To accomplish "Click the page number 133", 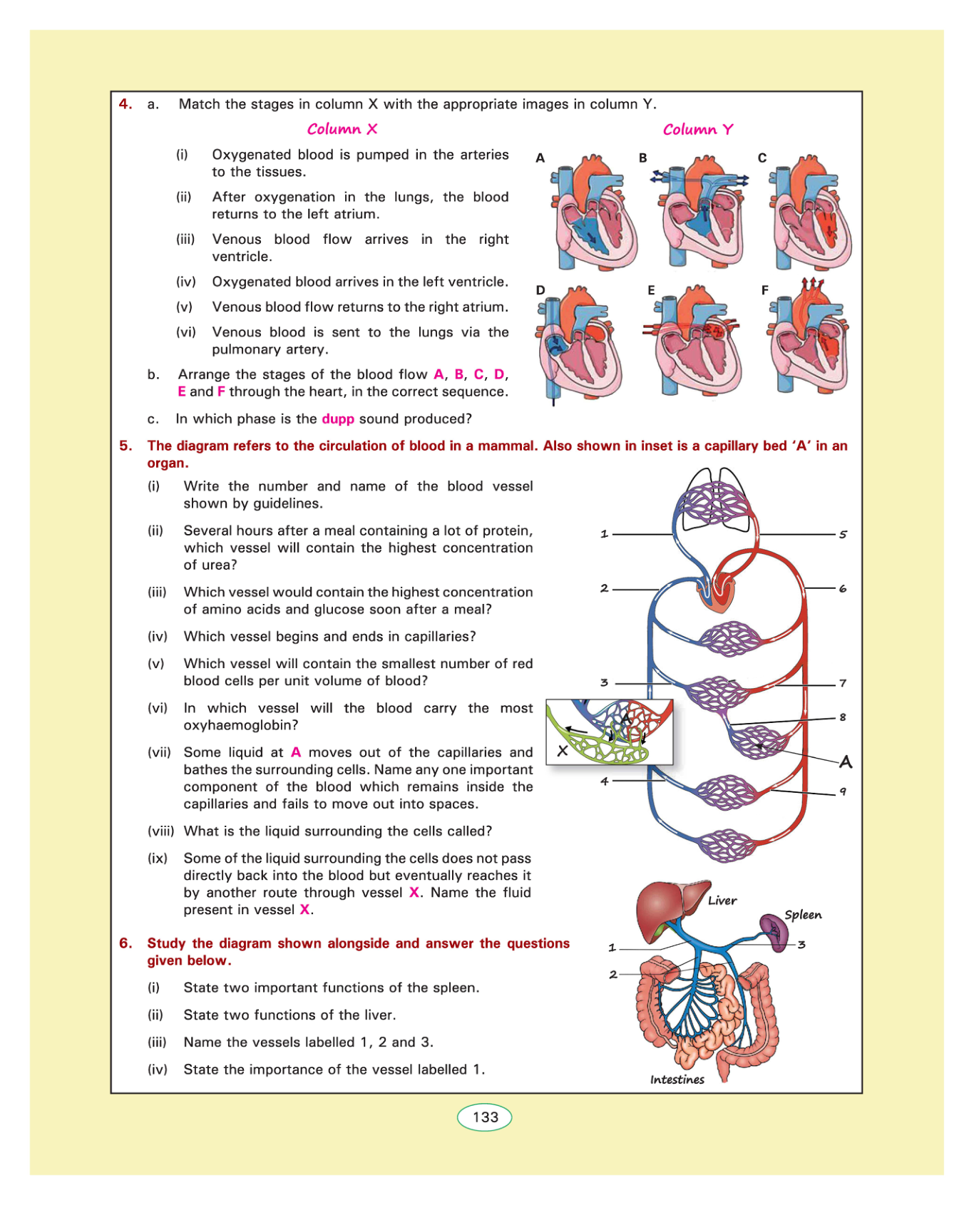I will pyautogui.click(x=485, y=1117).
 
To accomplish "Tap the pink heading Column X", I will pyautogui.click(x=342, y=129).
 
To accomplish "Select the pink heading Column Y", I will pyautogui.click(x=697, y=130).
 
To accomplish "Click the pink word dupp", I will pyautogui.click(x=338, y=419).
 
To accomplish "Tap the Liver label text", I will pyautogui.click(x=722, y=901).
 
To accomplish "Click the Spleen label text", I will pyautogui.click(x=803, y=915).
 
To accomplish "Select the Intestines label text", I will pyautogui.click(x=677, y=1080).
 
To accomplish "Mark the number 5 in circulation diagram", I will pyautogui.click(x=843, y=534).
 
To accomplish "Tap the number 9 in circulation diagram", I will pyautogui.click(x=843, y=791).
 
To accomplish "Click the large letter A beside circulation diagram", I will pyautogui.click(x=846, y=762).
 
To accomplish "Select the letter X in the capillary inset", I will pyautogui.click(x=563, y=750).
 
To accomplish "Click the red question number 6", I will pyautogui.click(x=125, y=943).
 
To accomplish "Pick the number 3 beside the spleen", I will pyautogui.click(x=801, y=945).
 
